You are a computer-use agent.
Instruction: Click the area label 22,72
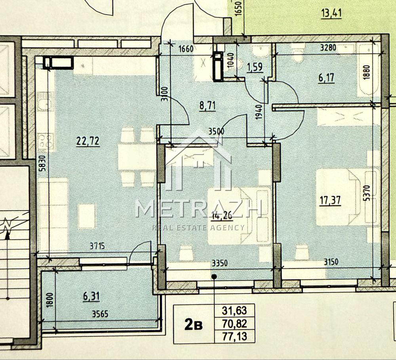[88, 142]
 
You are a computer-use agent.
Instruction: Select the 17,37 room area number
[330, 201]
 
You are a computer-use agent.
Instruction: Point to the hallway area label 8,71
[208, 106]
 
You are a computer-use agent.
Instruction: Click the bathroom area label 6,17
[326, 78]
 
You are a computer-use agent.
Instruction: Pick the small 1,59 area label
[255, 67]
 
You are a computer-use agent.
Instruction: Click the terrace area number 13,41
[331, 13]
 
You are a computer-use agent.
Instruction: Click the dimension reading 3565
[100, 314]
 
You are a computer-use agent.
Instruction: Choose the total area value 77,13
[234, 336]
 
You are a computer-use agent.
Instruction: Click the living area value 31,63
[234, 311]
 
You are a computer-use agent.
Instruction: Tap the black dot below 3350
[214, 277]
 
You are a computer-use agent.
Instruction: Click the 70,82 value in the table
[234, 324]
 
